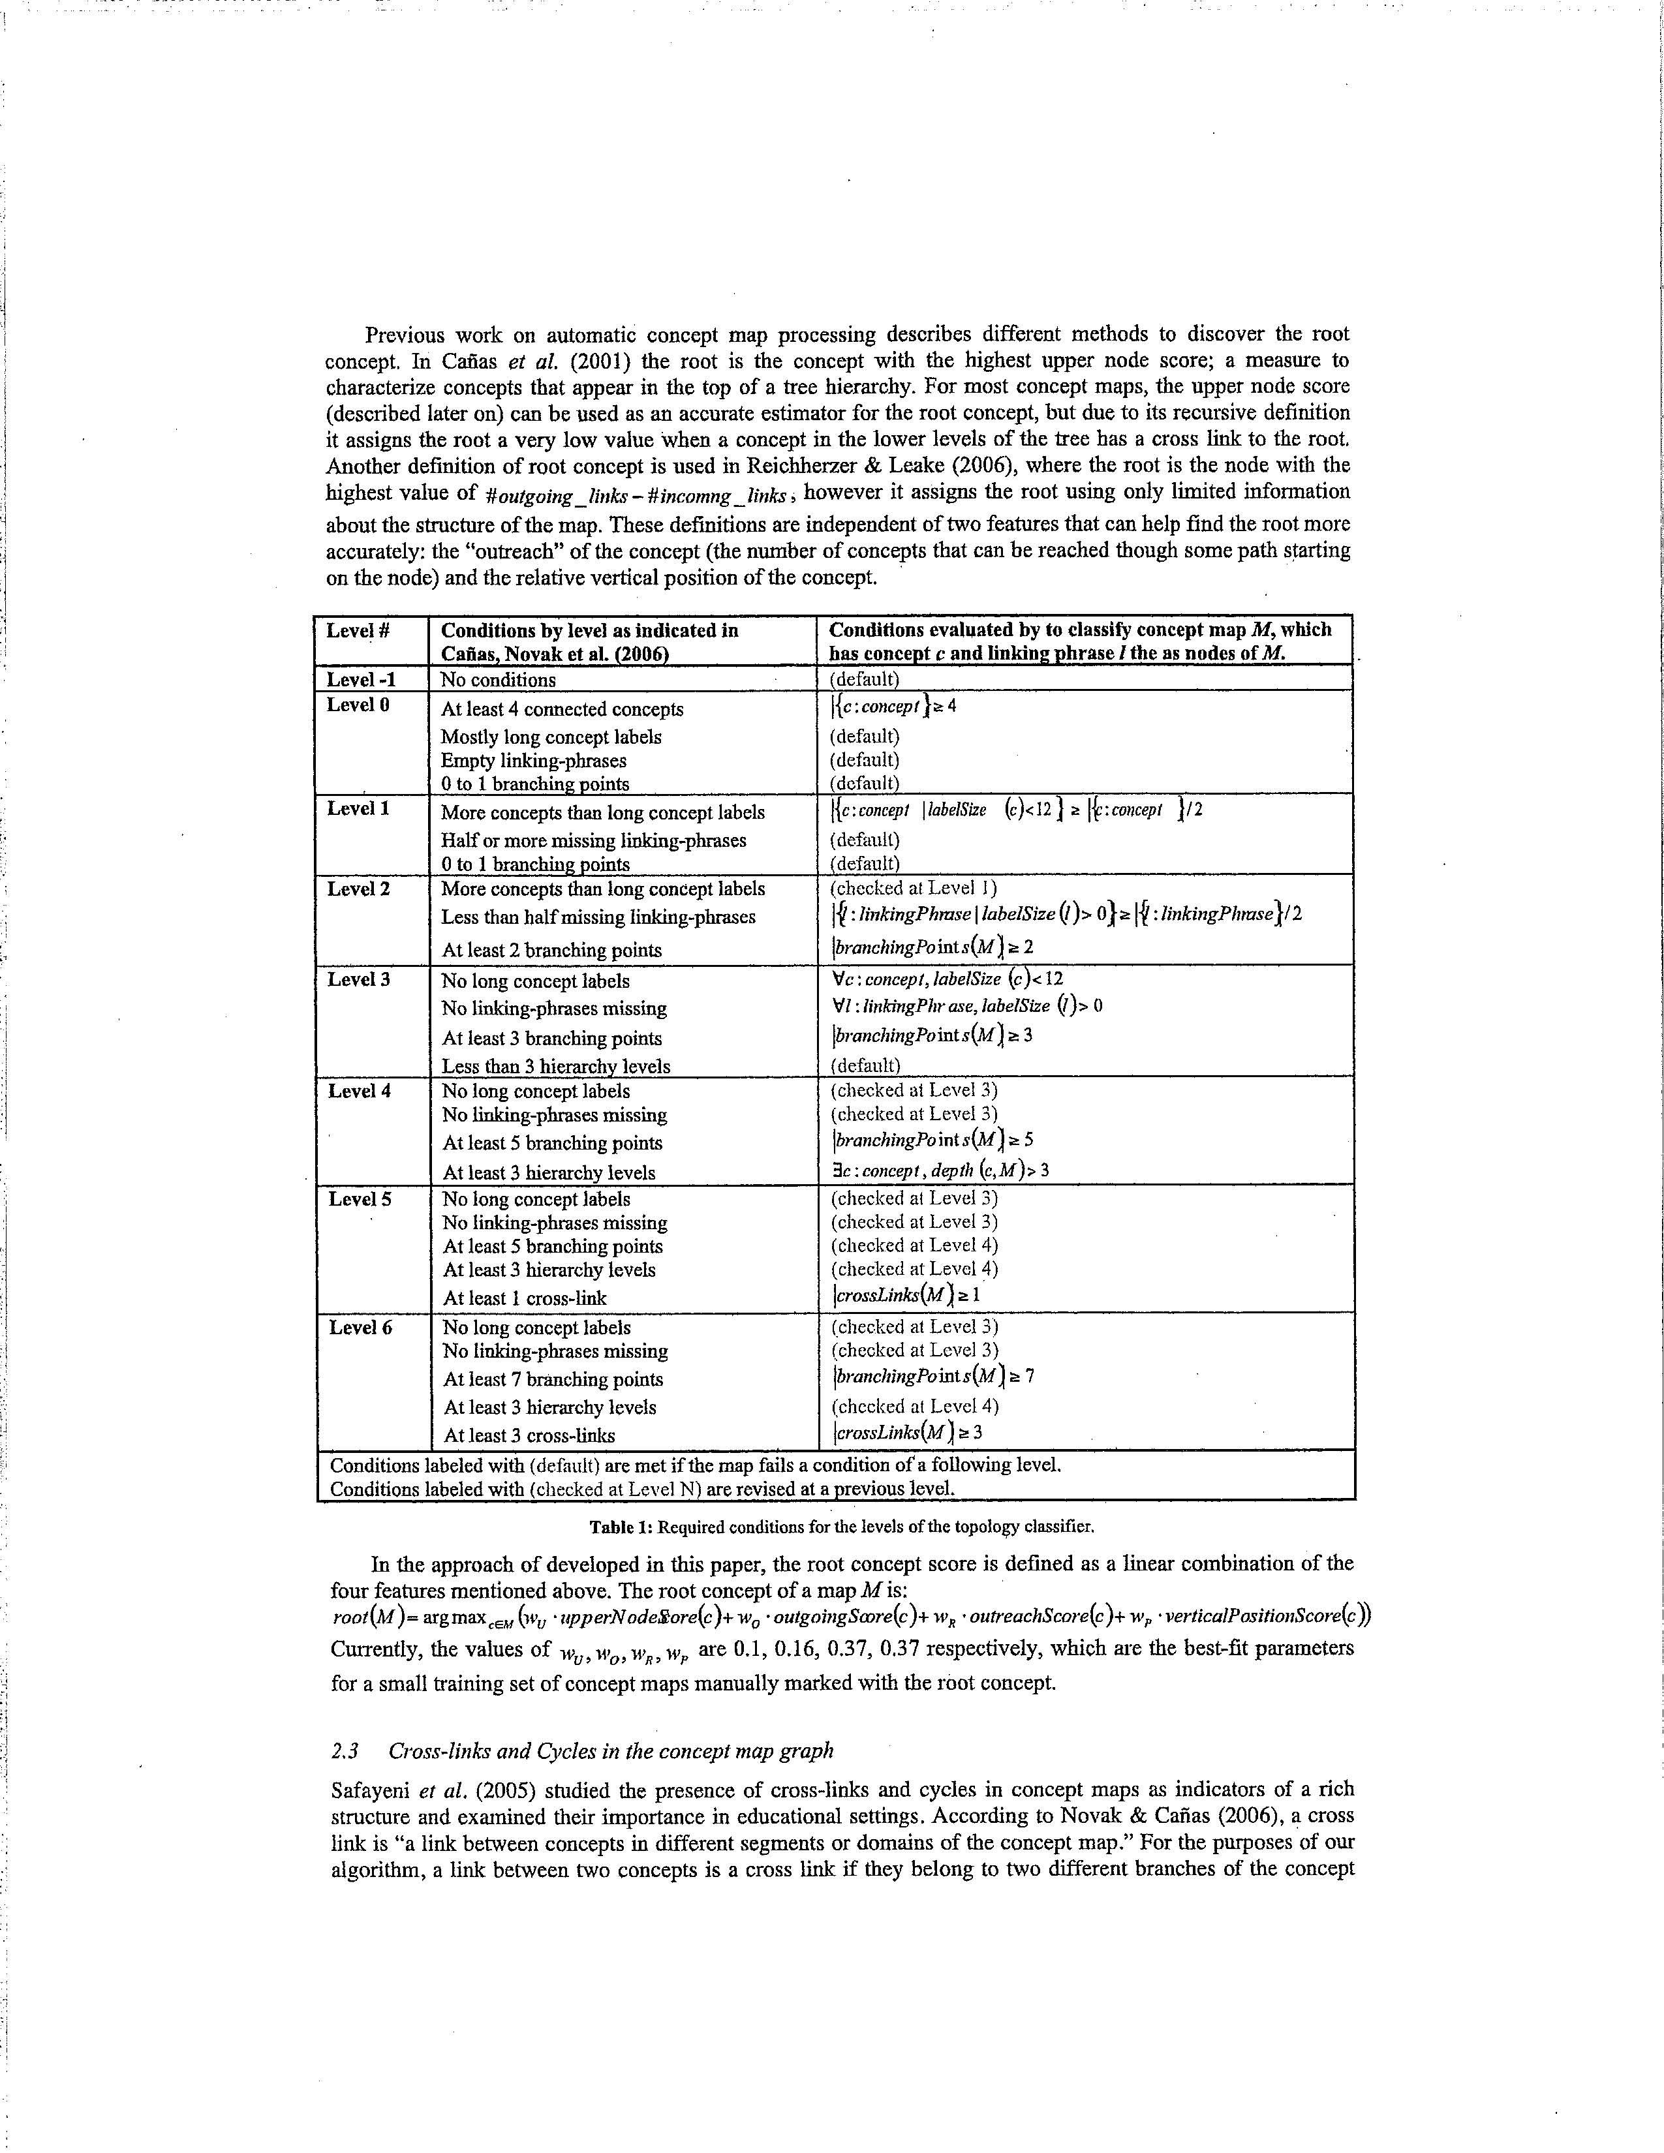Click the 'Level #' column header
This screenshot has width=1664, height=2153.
(358, 631)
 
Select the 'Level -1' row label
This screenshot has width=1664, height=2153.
(362, 679)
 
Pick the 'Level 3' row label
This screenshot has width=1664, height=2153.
(360, 979)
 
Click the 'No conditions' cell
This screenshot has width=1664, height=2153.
(498, 679)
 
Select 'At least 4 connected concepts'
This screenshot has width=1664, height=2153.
(562, 709)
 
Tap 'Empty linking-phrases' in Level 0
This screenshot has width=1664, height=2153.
(533, 760)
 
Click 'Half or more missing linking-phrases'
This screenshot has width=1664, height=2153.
(593, 840)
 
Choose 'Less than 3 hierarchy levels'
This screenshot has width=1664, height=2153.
(556, 1065)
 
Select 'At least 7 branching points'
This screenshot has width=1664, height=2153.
(553, 1379)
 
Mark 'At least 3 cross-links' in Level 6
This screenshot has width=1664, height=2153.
(529, 1435)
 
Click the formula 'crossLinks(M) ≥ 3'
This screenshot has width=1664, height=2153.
(908, 1432)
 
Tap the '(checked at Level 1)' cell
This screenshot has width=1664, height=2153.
(914, 887)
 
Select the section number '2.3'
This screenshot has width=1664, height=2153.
(345, 1751)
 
